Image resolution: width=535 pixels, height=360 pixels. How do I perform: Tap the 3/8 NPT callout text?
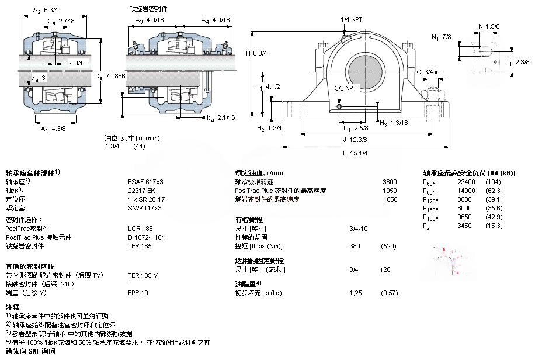pyautogui.click(x=345, y=88)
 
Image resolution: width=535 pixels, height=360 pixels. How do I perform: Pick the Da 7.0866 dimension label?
pyautogui.click(x=110, y=75)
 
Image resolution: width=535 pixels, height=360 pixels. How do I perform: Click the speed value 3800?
pyautogui.click(x=390, y=182)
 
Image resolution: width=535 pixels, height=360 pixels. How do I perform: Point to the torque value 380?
pyautogui.click(x=354, y=246)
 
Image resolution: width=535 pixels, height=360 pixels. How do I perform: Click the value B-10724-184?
pyautogui.click(x=147, y=237)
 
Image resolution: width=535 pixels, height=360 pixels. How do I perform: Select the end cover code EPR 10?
pyautogui.click(x=138, y=292)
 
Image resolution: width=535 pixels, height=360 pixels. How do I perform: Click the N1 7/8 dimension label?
pyautogui.click(x=442, y=37)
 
